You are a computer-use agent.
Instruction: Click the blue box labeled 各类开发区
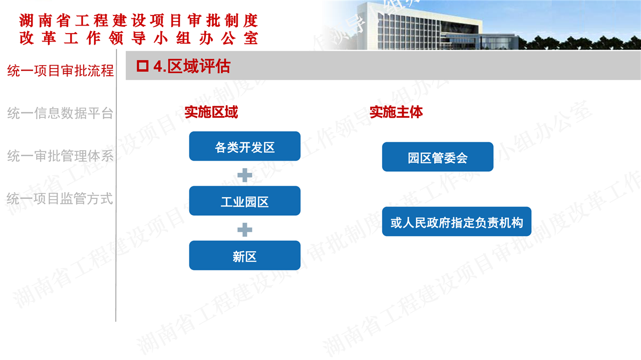coord(245,146)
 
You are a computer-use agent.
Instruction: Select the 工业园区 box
coord(245,201)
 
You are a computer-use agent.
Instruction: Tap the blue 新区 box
coord(245,255)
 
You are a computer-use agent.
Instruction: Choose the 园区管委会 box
coord(438,157)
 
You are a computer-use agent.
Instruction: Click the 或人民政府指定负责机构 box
coord(457,221)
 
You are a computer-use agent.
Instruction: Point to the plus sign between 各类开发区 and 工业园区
coord(245,175)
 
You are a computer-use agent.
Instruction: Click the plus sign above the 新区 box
coord(245,229)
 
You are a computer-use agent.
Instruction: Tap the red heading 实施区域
coord(211,112)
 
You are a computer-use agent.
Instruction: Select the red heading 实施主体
coord(396,112)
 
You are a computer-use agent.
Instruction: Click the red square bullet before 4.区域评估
coord(143,66)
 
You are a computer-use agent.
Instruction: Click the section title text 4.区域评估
coord(192,66)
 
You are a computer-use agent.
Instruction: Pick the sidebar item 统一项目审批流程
coord(61,71)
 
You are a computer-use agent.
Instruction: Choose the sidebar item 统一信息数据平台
coord(61,113)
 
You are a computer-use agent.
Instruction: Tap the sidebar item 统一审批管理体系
coord(61,156)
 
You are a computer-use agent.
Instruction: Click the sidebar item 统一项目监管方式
coord(60,199)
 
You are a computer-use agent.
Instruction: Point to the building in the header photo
coord(429,27)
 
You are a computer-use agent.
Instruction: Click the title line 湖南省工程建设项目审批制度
coord(139,21)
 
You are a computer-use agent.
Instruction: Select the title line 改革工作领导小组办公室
coord(139,38)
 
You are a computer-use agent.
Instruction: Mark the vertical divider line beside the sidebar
coord(116,185)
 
